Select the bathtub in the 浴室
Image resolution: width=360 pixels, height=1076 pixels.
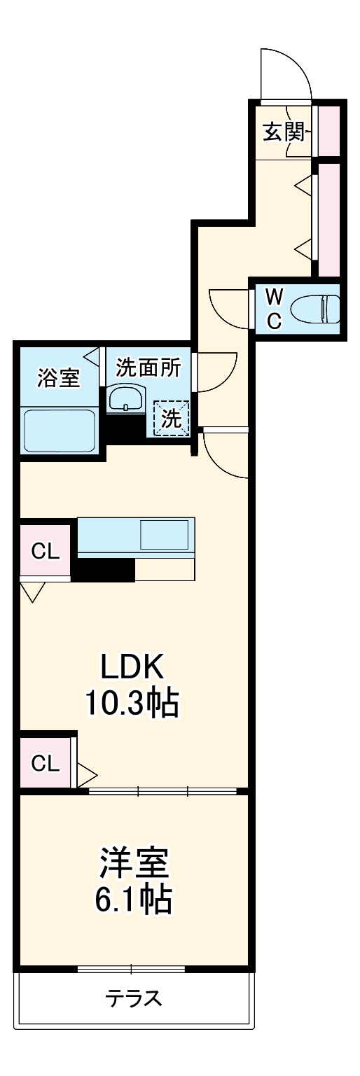pyautogui.click(x=60, y=431)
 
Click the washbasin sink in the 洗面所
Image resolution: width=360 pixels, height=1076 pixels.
pyautogui.click(x=125, y=400)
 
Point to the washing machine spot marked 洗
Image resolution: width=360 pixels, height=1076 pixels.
pyautogui.click(x=172, y=419)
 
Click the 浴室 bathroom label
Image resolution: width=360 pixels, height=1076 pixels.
pyautogui.click(x=58, y=379)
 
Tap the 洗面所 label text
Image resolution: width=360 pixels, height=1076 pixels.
pyautogui.click(x=148, y=368)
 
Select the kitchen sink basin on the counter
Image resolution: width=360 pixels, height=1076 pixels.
pyautogui.click(x=165, y=535)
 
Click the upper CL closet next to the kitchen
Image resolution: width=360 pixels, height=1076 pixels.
pyautogui.click(x=46, y=551)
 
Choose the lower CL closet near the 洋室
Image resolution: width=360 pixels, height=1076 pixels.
pyautogui.click(x=46, y=762)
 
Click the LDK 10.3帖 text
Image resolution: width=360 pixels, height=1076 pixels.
pyautogui.click(x=132, y=685)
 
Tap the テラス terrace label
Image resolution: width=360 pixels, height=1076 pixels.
pyautogui.click(x=134, y=998)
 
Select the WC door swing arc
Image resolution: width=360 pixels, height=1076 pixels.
pyautogui.click(x=228, y=308)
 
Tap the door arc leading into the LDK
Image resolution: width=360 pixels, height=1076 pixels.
pyautogui.click(x=224, y=455)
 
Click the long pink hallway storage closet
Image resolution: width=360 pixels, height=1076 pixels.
pyautogui.click(x=329, y=218)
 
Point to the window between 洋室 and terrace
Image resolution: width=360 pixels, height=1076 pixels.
pyautogui.click(x=131, y=969)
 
